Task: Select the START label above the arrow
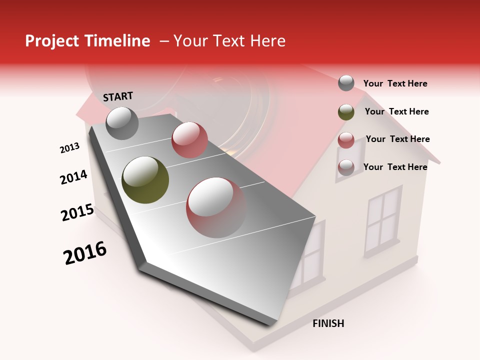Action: tap(118, 96)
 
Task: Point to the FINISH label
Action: tap(328, 323)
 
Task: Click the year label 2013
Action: tap(69, 148)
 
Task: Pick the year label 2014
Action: tap(73, 177)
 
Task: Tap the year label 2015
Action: tap(77, 212)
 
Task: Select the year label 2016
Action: tap(85, 252)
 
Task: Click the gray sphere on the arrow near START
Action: tap(122, 123)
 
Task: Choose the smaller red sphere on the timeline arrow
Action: tap(189, 140)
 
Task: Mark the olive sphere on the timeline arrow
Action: tap(145, 180)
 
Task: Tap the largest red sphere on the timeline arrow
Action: tap(216, 207)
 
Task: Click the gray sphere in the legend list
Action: tap(346, 83)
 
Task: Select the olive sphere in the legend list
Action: tap(346, 112)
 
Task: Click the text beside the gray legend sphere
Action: tap(395, 83)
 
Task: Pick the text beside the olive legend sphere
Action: tap(396, 111)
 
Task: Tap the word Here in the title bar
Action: tap(268, 41)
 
